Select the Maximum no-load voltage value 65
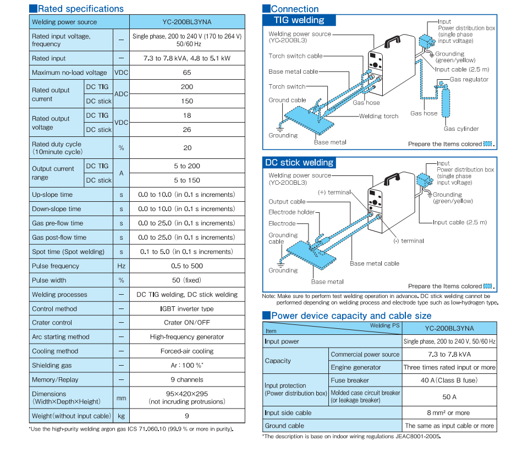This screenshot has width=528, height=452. (187, 73)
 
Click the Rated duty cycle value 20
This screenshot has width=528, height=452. (187, 147)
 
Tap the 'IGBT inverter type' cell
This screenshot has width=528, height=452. (187, 309)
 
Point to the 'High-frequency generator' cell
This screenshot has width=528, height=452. (187, 337)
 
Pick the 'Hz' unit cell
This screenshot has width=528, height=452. (121, 266)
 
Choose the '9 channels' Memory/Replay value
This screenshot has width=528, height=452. (187, 379)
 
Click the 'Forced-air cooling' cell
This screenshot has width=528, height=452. (187, 351)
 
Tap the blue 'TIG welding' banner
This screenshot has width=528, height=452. (299, 20)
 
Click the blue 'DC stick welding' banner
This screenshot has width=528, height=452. (299, 163)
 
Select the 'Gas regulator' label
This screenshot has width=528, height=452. (469, 80)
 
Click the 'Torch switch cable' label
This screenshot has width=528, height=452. (295, 56)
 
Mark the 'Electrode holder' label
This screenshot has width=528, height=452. (291, 212)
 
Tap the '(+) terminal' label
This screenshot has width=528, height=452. (334, 192)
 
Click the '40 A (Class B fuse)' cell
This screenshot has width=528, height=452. (449, 381)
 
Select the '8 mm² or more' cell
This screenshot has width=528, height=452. (449, 413)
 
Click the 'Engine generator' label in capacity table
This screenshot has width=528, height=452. (356, 367)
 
